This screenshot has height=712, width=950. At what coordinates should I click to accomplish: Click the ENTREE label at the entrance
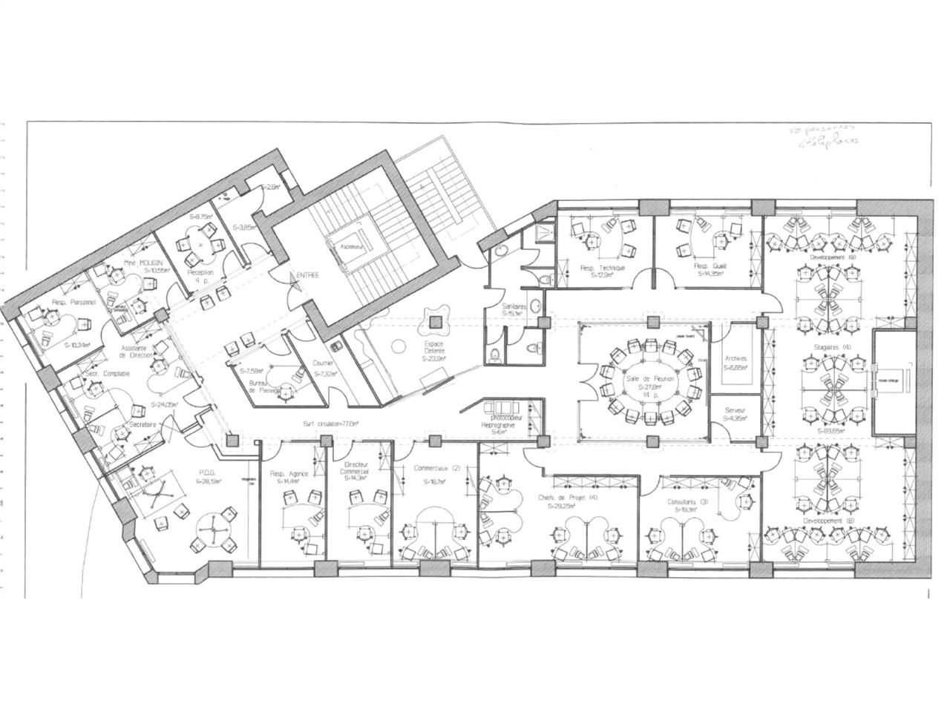pos(308,275)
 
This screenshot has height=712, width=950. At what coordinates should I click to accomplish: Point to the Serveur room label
pos(735,410)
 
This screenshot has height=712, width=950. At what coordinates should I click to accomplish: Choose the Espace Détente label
pos(434,345)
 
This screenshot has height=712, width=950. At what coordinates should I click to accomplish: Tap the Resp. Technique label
pos(603,267)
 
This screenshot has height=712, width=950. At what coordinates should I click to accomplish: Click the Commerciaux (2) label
pos(426,469)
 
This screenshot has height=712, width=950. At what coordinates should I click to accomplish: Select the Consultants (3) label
pos(687,502)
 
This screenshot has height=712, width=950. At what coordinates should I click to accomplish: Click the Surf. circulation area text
pos(330,424)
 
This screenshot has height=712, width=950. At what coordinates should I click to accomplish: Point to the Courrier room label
pos(323,364)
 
